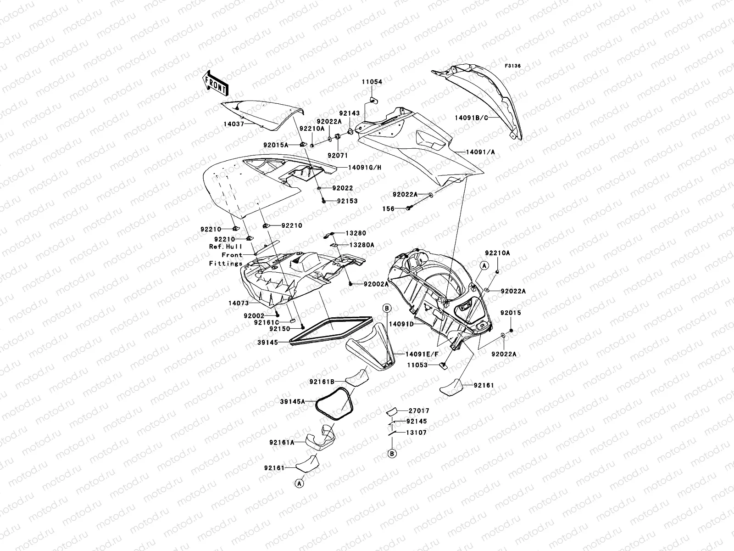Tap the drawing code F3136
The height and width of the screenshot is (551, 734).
pos(513,66)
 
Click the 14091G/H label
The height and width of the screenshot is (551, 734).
pos(365,168)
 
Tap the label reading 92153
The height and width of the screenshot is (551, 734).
pos(347,201)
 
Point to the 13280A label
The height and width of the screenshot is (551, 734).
pos(362,245)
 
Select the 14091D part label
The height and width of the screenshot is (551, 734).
pos(401,324)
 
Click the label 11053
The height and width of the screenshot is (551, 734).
pos(416,365)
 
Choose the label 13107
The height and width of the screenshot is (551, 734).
pos(416,433)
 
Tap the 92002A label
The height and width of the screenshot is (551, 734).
pos(376,284)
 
